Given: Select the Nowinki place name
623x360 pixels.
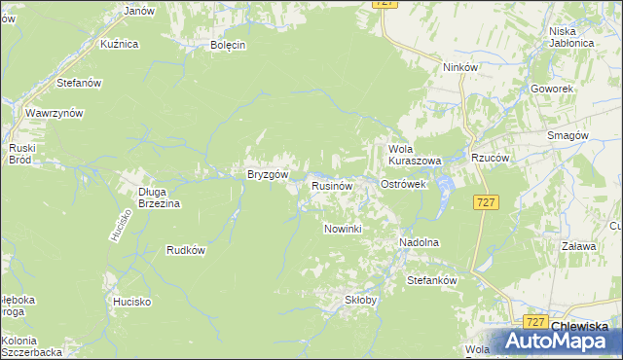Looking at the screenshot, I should click(x=342, y=229).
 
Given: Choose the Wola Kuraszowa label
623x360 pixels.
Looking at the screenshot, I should click(x=415, y=154).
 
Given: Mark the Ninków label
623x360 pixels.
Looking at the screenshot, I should click(x=459, y=67).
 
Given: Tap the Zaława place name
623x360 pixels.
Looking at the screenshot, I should click(x=577, y=247).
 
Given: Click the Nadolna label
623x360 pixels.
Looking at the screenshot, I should click(x=420, y=242).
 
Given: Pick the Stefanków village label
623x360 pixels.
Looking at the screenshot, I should click(x=431, y=280).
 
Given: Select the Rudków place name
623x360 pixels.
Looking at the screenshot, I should click(x=186, y=250).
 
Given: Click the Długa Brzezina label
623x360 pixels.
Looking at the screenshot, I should click(x=159, y=198).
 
